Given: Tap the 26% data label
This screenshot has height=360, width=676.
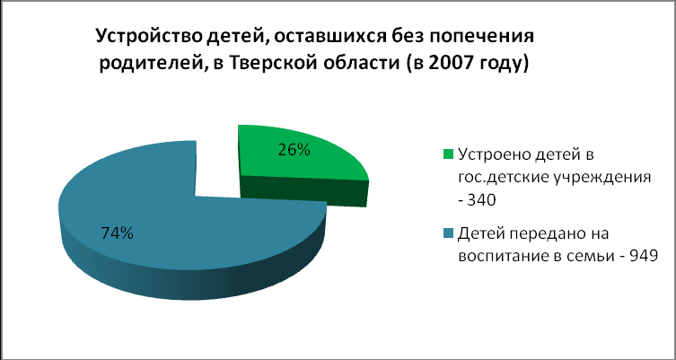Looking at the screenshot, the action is (294, 150).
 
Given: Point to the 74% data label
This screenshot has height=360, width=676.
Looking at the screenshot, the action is (117, 233).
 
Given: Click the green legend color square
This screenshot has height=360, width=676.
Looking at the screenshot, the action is (448, 154).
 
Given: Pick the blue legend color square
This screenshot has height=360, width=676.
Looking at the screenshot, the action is (448, 233).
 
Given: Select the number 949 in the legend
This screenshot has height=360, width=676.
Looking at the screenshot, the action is (644, 256).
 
